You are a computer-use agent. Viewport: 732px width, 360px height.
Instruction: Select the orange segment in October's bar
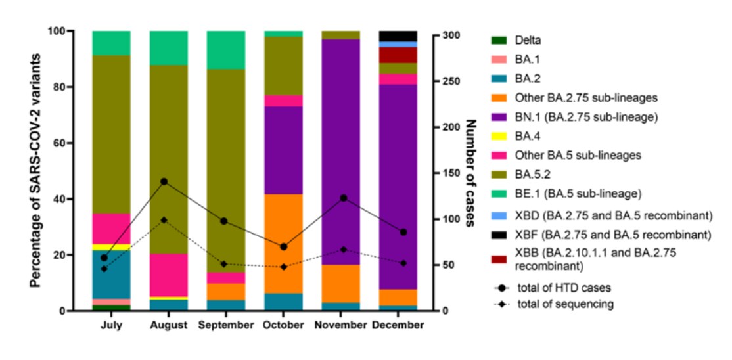tap(283, 243)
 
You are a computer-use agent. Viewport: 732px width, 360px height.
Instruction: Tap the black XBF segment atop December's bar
tap(398, 35)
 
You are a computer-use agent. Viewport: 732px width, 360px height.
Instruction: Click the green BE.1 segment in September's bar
tap(226, 49)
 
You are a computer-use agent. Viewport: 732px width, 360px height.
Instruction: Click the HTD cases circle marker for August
tap(164, 181)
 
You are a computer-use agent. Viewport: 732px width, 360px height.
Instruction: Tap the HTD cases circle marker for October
tap(283, 247)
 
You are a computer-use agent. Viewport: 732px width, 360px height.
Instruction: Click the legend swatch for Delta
tap(500, 40)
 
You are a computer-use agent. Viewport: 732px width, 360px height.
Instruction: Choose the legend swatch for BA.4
tap(500, 137)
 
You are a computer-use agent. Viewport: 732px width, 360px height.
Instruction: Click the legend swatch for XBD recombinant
tap(500, 215)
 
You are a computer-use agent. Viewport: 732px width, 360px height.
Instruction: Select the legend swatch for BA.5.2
tap(500, 176)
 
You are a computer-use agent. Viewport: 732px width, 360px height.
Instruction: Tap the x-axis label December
tap(397, 325)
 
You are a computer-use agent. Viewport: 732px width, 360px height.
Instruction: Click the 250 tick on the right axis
tap(449, 81)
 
